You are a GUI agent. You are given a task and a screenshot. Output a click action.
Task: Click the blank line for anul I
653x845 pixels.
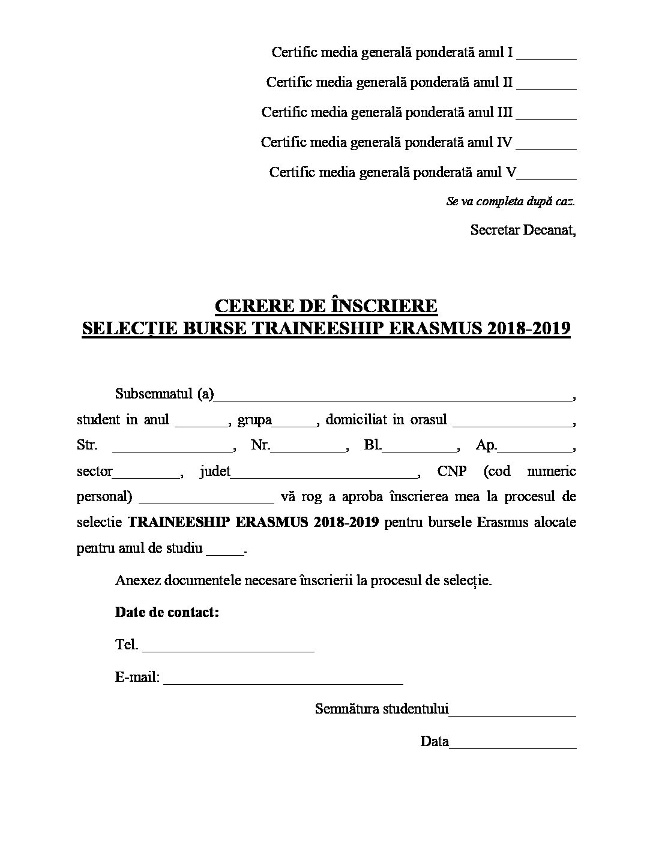[546, 58]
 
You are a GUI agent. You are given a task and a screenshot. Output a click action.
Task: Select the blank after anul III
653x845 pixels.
[546, 118]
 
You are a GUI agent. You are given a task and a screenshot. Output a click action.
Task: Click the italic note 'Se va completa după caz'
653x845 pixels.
[510, 202]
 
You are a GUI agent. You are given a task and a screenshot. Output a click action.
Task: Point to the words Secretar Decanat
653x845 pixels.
[523, 230]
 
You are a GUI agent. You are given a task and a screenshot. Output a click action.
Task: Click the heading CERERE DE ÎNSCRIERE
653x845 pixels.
[326, 306]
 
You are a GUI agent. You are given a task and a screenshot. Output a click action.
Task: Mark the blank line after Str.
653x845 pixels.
[172, 450]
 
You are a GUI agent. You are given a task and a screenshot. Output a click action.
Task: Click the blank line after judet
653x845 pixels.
[324, 476]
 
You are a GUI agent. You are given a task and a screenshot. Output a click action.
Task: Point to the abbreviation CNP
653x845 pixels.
[451, 471]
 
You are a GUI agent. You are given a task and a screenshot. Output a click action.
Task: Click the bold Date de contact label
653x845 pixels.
[167, 613]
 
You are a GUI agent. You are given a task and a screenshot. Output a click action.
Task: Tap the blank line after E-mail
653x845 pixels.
[283, 682]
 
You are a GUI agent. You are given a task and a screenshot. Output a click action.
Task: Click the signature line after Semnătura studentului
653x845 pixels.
[513, 714]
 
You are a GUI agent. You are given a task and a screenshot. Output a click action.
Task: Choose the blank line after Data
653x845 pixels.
[513, 747]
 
